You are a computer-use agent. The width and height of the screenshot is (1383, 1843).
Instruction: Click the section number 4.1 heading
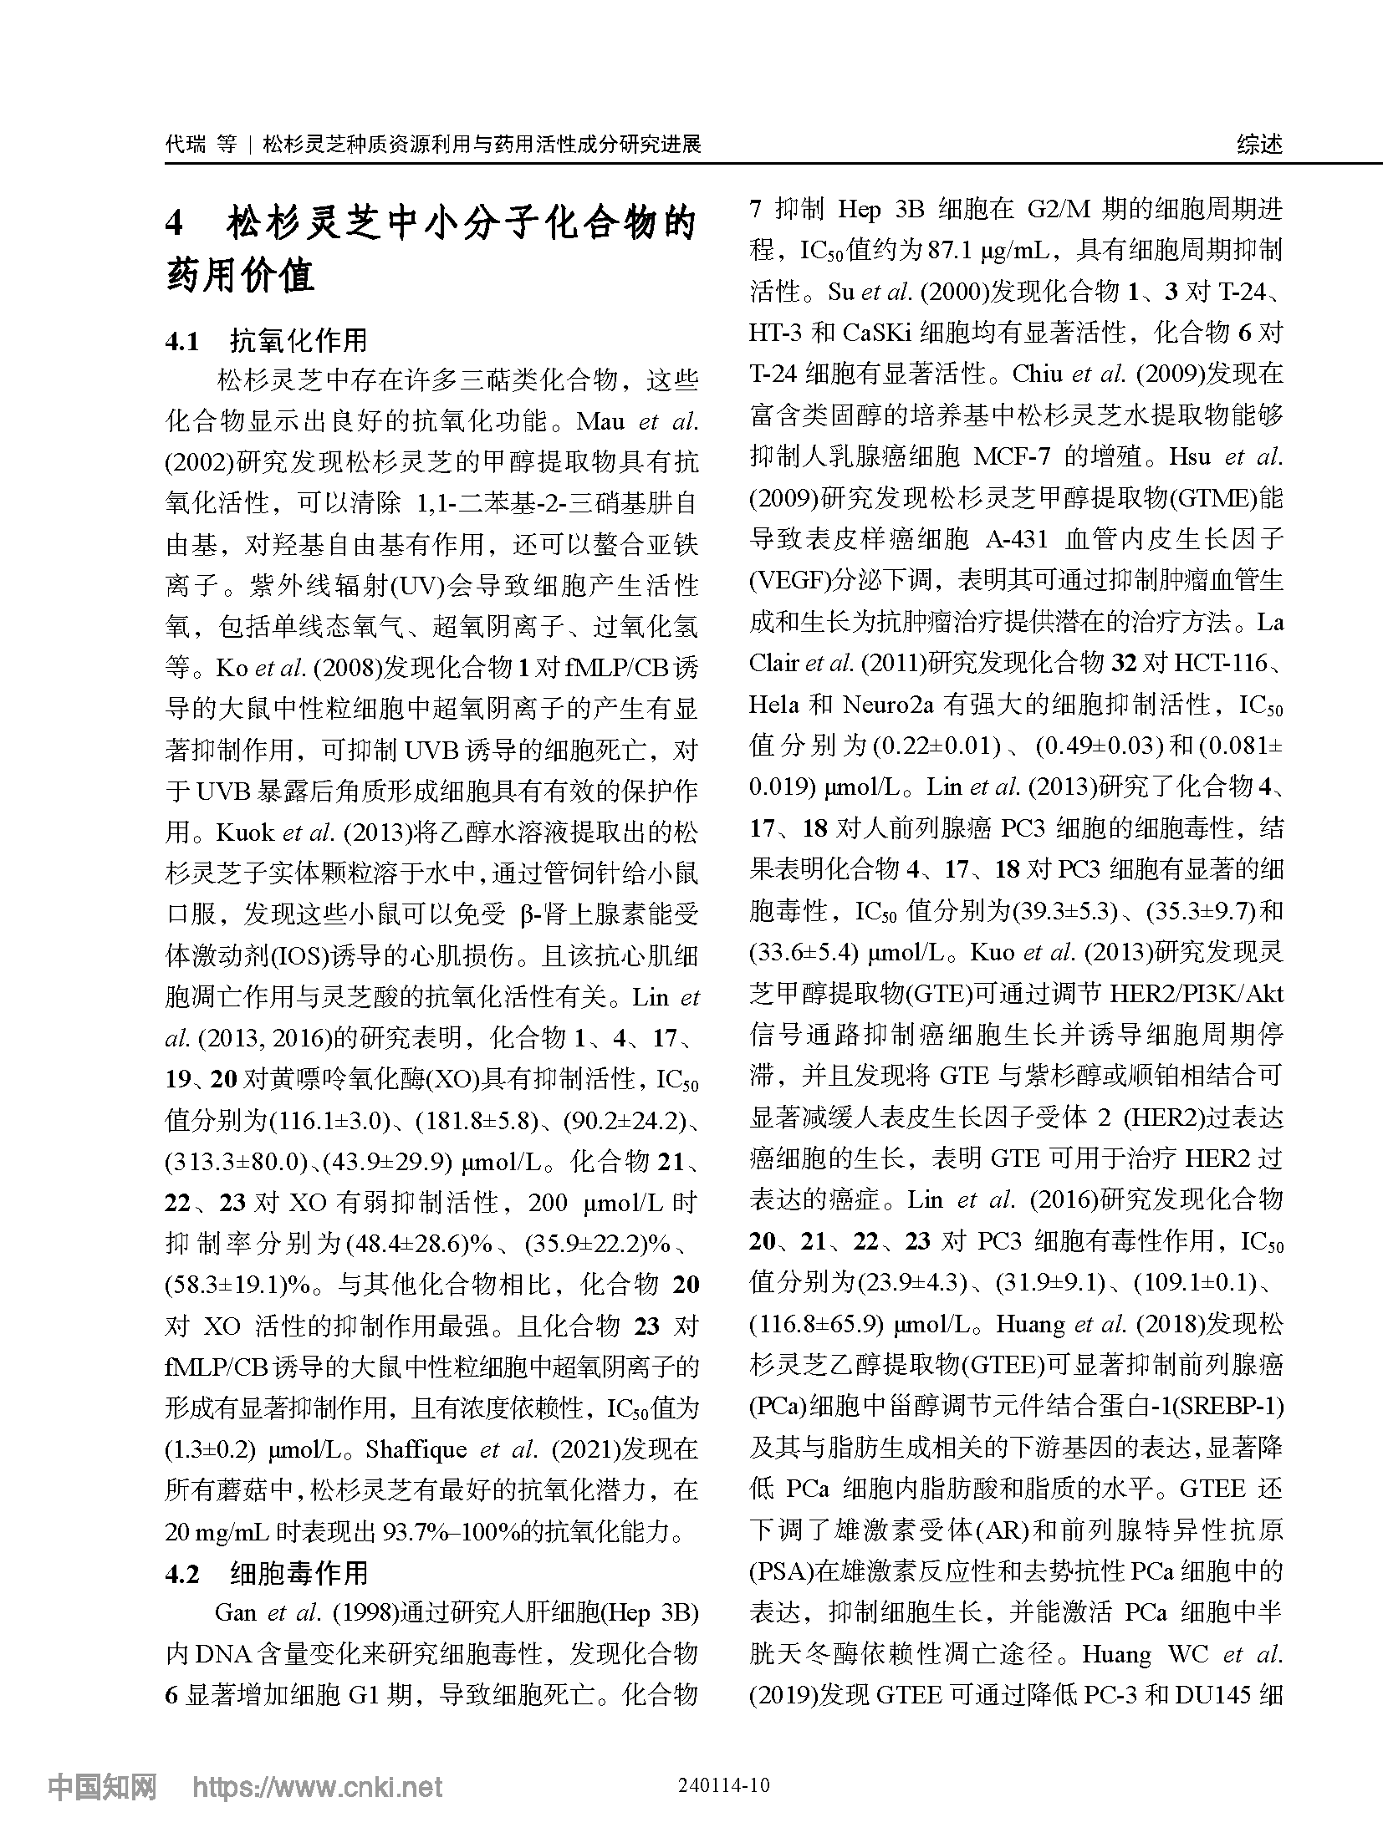(183, 340)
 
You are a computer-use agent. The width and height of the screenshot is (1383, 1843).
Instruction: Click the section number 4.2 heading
(183, 1574)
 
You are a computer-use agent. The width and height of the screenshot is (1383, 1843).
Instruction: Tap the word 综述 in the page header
(1258, 145)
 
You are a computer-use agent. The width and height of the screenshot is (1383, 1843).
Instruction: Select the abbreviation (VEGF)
(786, 580)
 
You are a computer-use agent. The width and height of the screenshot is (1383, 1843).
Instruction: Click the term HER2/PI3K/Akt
(1195, 994)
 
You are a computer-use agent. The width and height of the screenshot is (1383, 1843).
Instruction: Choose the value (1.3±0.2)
(213, 1450)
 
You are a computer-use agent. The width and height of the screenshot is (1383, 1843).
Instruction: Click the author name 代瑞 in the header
(185, 145)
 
